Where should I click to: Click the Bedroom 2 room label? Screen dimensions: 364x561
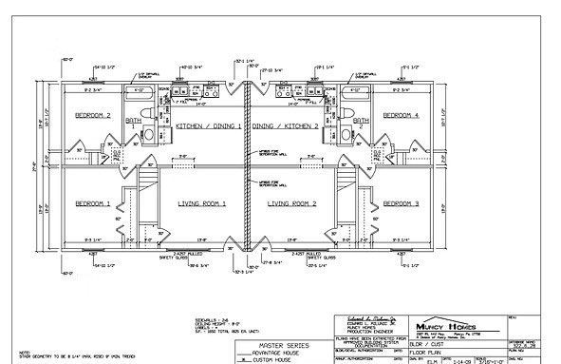pos(94,115)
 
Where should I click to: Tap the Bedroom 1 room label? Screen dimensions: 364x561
pos(94,203)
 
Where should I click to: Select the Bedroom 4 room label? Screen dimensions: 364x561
pos(401,115)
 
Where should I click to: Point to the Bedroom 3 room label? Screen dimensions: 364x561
pos(402,203)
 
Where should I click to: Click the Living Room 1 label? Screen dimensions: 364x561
pos(202,203)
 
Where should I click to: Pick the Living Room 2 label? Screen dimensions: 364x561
pos(291,203)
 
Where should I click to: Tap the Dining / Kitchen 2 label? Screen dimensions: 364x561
pos(288,125)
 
